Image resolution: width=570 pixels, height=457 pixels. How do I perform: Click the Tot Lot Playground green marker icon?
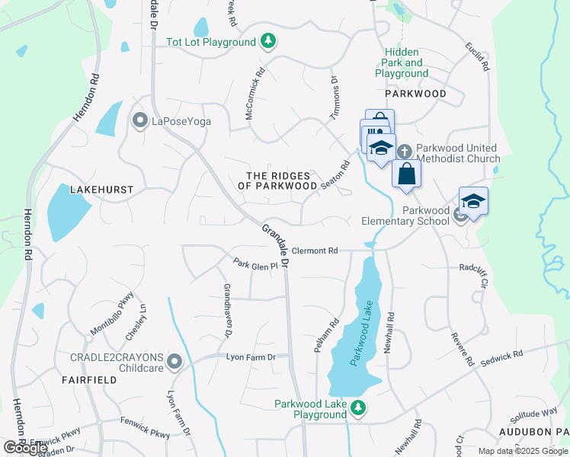point(267,41)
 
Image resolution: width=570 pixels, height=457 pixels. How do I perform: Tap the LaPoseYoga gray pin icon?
point(139,120)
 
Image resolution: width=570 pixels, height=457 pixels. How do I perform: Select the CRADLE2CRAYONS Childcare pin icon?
point(175,362)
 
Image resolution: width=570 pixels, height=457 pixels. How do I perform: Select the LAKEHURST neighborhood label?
point(101,189)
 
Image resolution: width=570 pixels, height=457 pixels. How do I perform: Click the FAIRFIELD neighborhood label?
point(89,379)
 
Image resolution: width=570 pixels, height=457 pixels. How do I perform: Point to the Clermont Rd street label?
point(314,251)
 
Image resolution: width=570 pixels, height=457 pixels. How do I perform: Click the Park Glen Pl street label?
point(255,264)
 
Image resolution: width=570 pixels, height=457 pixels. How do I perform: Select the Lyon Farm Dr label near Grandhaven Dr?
point(249,356)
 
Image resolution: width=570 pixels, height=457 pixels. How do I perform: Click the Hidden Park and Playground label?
point(402,63)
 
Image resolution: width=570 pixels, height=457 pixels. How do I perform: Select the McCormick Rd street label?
point(255,94)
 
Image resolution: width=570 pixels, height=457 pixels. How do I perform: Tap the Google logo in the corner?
point(25,448)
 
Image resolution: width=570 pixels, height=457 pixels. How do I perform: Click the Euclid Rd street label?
point(477,56)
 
